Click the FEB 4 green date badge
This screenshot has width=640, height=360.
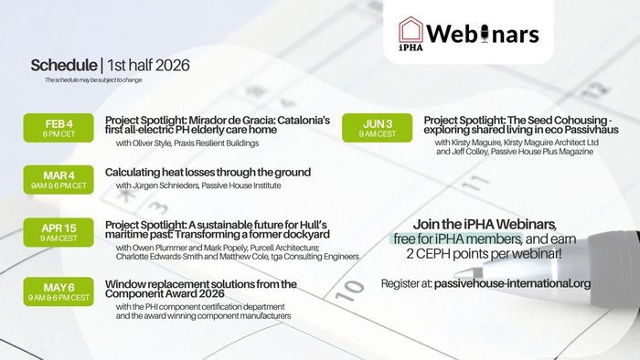(61, 128)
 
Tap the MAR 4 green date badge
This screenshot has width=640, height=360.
(61, 178)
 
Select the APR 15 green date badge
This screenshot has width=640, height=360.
(61, 233)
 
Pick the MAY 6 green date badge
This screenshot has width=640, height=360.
(61, 290)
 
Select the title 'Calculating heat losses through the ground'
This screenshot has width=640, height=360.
(208, 172)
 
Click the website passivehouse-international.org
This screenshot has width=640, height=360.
(512, 283)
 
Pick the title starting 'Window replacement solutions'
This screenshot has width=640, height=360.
(201, 290)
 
